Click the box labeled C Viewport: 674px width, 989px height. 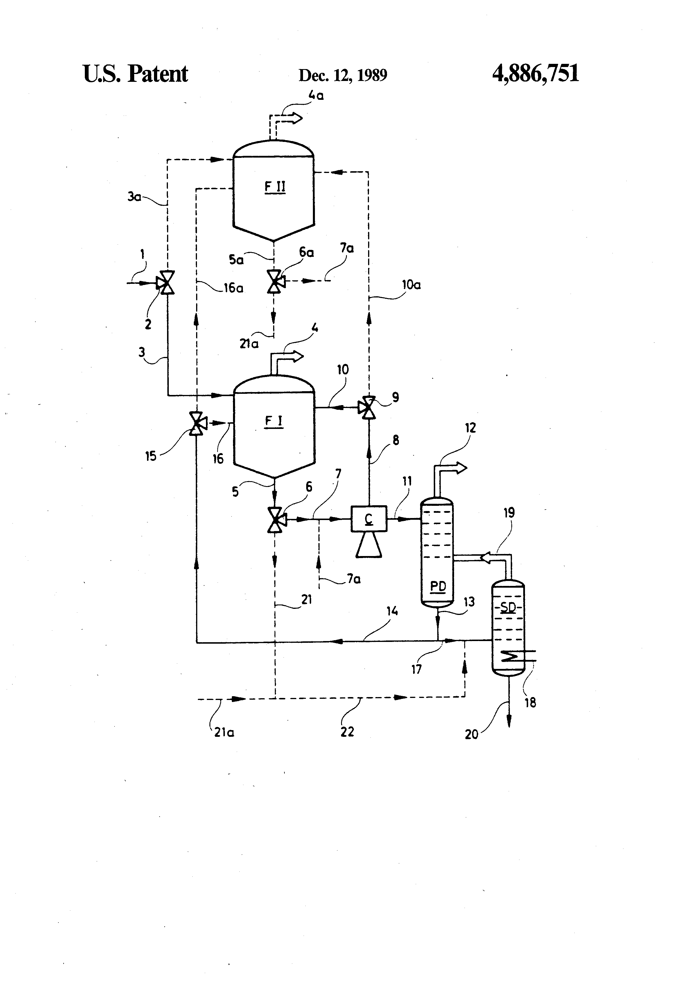click(x=369, y=519)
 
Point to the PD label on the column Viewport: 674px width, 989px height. click(x=438, y=586)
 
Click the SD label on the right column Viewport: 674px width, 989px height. click(x=508, y=607)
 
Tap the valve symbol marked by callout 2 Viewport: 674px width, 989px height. click(x=166, y=282)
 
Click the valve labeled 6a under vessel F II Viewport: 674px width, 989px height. click(x=275, y=281)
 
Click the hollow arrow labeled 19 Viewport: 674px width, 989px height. click(x=488, y=557)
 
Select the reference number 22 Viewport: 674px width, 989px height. click(x=347, y=732)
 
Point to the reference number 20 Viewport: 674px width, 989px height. click(x=471, y=734)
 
